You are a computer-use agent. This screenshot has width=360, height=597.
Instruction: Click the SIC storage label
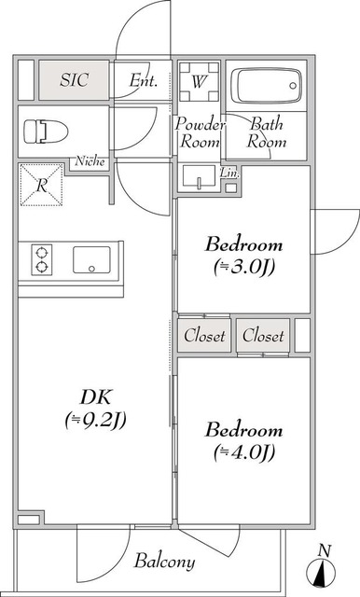click(x=75, y=80)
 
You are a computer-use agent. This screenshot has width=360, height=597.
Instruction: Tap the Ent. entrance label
click(x=143, y=81)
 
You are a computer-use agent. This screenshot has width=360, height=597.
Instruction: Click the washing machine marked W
click(x=200, y=82)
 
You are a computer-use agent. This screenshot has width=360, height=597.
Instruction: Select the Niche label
click(x=92, y=160)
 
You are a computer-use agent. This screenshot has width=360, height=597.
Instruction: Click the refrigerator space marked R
click(x=43, y=184)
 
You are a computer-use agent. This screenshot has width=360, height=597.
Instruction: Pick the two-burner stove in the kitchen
click(x=42, y=258)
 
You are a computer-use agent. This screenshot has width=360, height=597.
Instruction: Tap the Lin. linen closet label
click(x=229, y=174)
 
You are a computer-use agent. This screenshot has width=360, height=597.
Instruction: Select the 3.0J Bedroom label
click(x=243, y=256)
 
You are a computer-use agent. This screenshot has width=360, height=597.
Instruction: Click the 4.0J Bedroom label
click(x=243, y=441)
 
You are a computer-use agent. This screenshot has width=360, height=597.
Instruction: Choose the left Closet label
click(x=204, y=336)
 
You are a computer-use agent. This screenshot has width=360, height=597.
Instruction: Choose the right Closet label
click(x=263, y=336)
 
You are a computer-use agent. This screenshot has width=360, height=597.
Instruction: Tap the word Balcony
click(x=164, y=562)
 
